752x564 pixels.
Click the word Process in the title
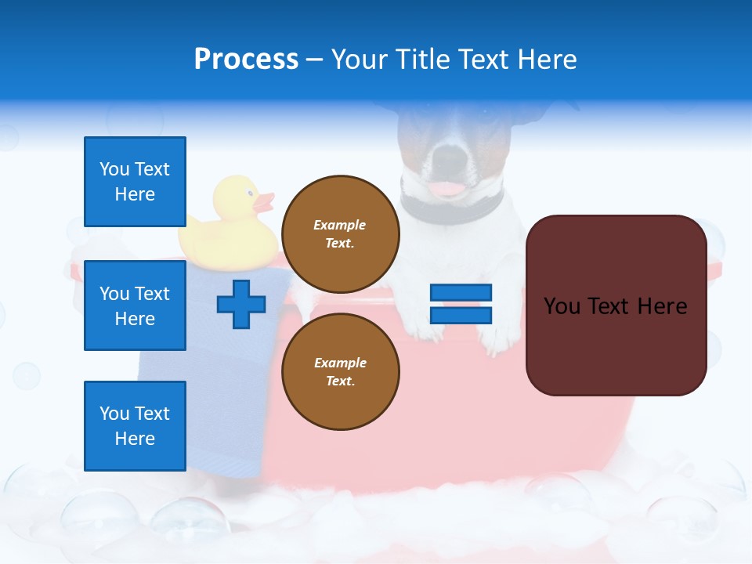(246, 59)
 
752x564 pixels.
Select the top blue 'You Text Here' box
(135, 182)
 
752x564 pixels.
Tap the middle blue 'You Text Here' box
(135, 305)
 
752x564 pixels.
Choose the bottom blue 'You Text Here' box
(135, 426)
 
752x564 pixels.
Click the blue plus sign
(241, 304)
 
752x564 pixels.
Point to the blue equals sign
(461, 304)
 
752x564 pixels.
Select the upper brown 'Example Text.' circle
(340, 233)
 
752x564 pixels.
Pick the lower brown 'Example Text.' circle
(340, 371)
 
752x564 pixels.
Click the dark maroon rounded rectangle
(616, 305)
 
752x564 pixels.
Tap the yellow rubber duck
(227, 227)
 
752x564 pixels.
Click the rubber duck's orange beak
(264, 203)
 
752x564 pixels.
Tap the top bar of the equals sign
(461, 292)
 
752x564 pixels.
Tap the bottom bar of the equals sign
(461, 315)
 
